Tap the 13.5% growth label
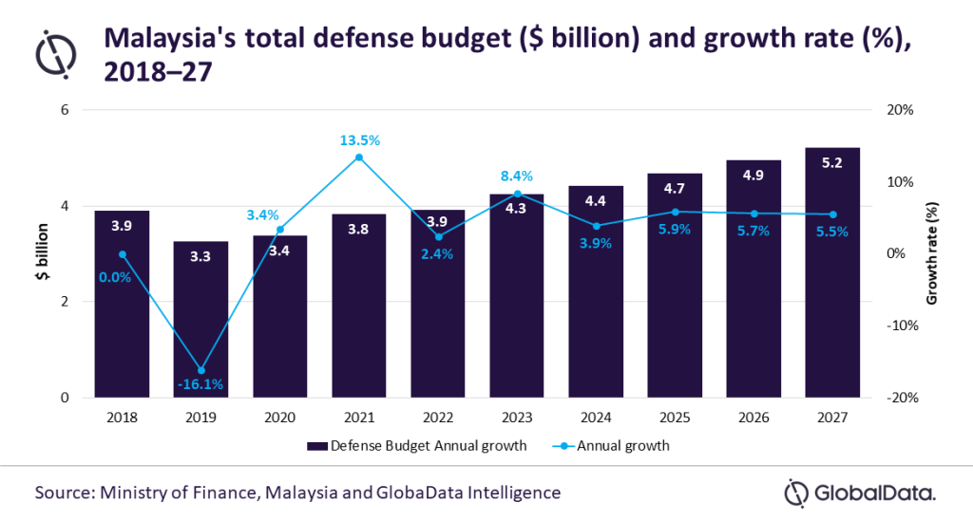click(x=360, y=140)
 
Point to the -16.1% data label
click(x=200, y=384)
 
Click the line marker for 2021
click(x=359, y=157)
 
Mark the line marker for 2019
click(x=200, y=370)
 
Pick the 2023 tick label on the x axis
click(x=517, y=417)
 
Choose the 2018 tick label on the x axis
click(x=122, y=417)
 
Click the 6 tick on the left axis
click(x=66, y=110)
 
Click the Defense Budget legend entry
click(x=415, y=446)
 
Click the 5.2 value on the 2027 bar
click(x=832, y=163)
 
